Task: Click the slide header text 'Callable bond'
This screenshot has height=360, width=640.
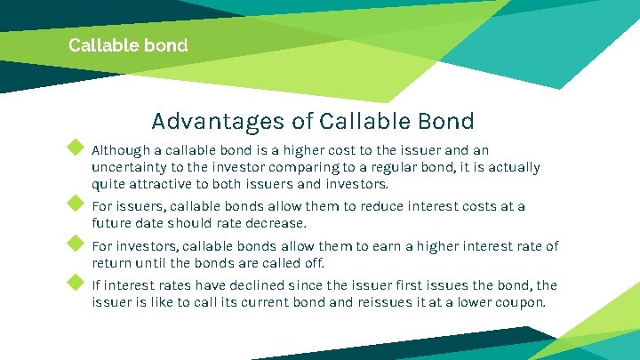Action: point(128,44)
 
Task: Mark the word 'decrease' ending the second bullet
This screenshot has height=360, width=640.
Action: point(276,223)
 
